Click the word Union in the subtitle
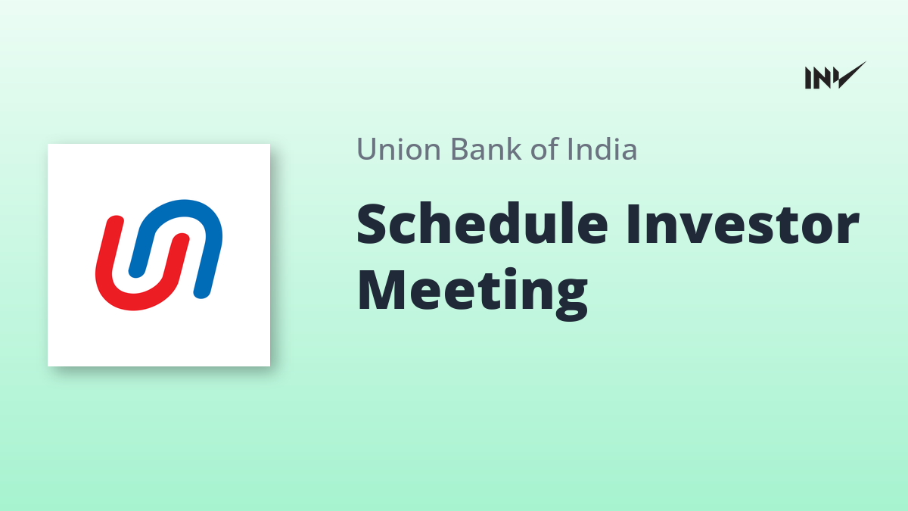399,149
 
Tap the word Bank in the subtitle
486,148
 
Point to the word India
602,148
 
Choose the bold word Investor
742,224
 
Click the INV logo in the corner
835,76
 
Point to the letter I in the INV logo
808,78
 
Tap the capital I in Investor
633,224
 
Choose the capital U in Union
368,149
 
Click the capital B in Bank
460,149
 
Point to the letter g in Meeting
571,299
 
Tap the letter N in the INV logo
822,78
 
